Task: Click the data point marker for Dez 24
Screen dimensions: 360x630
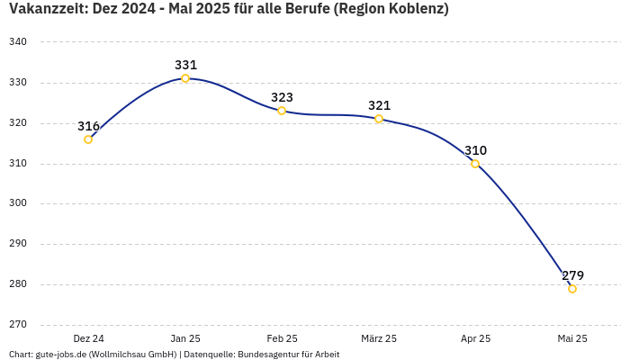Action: (x=88, y=139)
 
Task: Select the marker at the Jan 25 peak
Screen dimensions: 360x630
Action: (x=185, y=78)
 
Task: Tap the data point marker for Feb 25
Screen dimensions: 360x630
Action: (x=282, y=111)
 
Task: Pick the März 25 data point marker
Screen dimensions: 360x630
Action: (x=379, y=119)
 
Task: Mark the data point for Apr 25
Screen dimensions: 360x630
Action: (x=475, y=164)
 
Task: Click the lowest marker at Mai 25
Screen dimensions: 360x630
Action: (x=572, y=289)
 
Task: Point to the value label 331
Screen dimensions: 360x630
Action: (x=186, y=65)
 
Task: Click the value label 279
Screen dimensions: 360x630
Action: (x=573, y=275)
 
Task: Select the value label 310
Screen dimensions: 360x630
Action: (x=476, y=150)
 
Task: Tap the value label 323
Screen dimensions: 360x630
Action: (x=283, y=97)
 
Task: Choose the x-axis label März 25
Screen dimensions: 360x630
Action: (x=379, y=338)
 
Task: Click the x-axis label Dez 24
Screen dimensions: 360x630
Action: (x=88, y=338)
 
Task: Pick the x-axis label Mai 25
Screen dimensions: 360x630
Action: (x=572, y=338)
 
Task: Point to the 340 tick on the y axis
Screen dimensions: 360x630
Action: (x=18, y=42)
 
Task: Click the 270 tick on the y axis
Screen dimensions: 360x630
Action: (x=18, y=325)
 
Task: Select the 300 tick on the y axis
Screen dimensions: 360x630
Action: (x=18, y=203)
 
